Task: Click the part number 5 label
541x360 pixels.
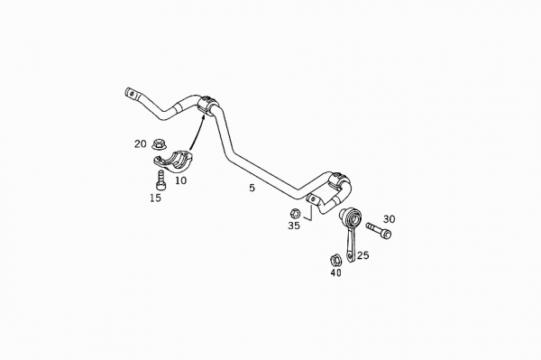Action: click(252, 188)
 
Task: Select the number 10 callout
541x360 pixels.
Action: click(180, 180)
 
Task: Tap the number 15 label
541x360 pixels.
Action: click(156, 198)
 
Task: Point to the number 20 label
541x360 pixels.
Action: click(141, 143)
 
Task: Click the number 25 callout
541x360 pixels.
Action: click(362, 255)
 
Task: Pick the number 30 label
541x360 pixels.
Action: click(389, 219)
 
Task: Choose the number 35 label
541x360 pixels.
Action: click(294, 226)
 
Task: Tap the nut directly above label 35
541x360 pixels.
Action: click(294, 212)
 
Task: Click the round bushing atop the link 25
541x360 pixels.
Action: click(351, 219)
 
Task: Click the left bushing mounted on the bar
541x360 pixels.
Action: click(209, 106)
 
